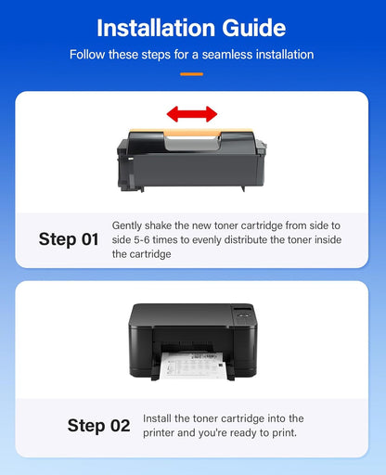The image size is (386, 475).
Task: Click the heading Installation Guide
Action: pos(192,27)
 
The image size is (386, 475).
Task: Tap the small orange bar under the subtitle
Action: pos(192,72)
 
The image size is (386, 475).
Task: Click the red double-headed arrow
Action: pos(192,113)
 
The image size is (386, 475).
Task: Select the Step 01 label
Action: pos(69,239)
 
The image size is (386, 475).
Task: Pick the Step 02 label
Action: pos(98,426)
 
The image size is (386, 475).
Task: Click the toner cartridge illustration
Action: pos(192,153)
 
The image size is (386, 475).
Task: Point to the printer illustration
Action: pos(192,339)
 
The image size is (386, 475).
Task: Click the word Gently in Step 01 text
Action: pos(129,225)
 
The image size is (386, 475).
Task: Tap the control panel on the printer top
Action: pos(243,315)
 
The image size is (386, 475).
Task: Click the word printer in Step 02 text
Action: pos(161,433)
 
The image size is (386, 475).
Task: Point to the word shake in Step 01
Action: pos(163,225)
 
